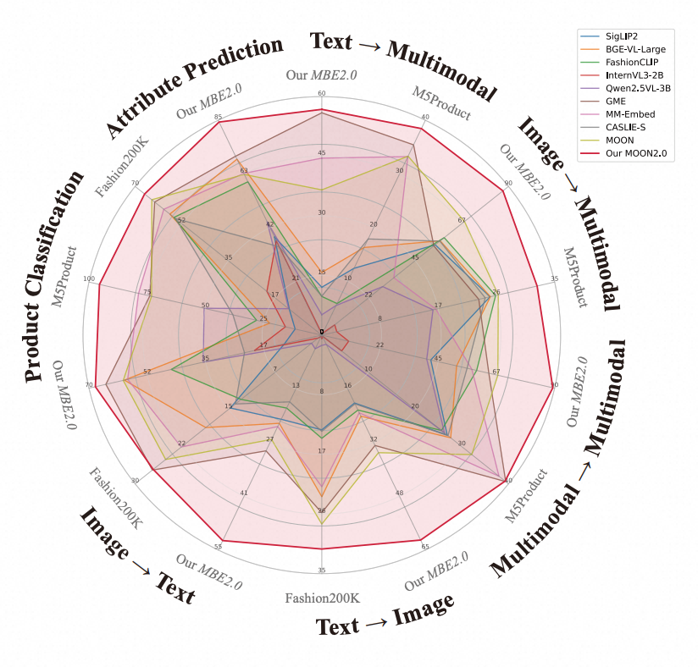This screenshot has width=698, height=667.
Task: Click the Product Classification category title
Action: tap(55, 275)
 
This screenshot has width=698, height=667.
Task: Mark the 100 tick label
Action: tap(89, 278)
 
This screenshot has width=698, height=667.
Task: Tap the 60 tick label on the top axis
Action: tap(321, 94)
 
